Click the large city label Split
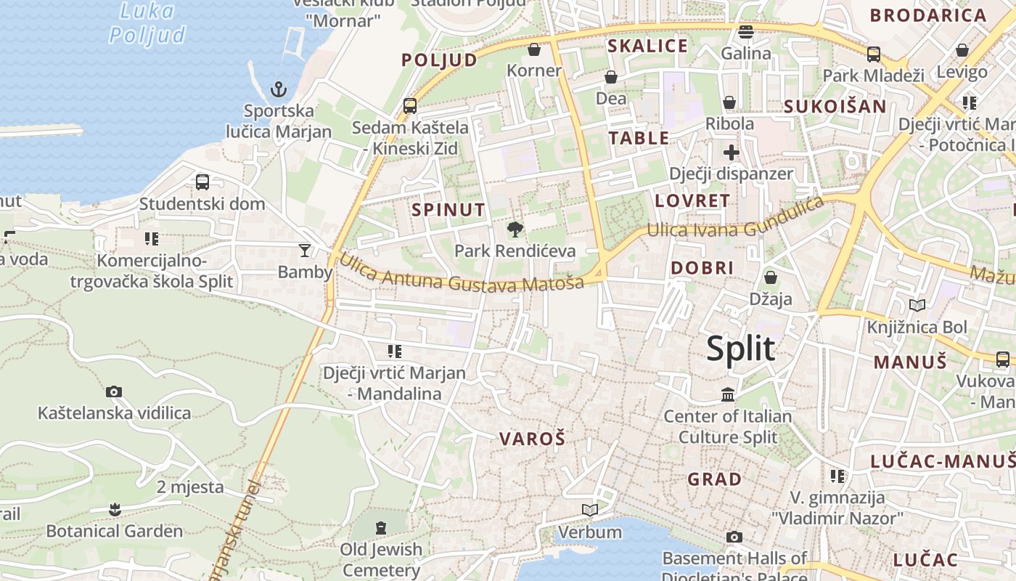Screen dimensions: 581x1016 tap(741, 349)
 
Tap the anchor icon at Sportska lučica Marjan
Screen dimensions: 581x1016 tap(279, 89)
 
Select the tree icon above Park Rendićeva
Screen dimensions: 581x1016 tap(515, 230)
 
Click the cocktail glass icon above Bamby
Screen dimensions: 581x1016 tap(305, 251)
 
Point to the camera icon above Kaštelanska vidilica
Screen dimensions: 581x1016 tap(114, 392)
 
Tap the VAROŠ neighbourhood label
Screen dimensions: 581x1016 tap(532, 439)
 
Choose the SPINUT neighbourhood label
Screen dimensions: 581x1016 tap(448, 210)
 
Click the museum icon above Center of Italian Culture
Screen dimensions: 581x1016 tap(728, 394)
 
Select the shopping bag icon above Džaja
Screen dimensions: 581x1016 tap(771, 277)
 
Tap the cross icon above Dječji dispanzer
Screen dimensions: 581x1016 tap(731, 153)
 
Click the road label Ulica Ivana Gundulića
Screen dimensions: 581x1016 tap(734, 221)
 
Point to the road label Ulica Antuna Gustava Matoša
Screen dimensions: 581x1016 tap(461, 273)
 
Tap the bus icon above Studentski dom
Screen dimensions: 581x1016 tap(202, 182)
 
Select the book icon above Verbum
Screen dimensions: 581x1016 tap(590, 511)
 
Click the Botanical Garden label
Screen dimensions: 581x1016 tap(115, 531)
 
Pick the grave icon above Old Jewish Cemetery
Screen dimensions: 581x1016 tap(381, 527)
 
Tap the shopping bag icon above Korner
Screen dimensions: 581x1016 tap(534, 49)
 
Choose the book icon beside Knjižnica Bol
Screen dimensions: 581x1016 tap(917, 306)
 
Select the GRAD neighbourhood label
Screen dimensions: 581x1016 tap(714, 479)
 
